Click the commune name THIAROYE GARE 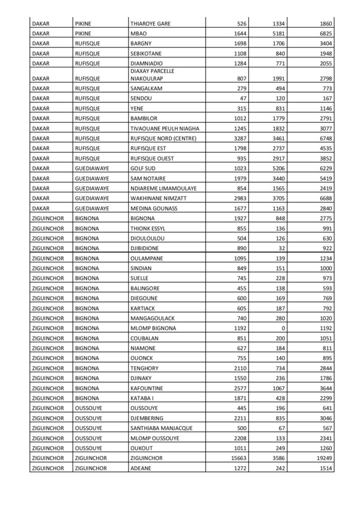(x=151, y=23)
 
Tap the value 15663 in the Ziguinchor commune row (x=227, y=457)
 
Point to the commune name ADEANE (x=141, y=467)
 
